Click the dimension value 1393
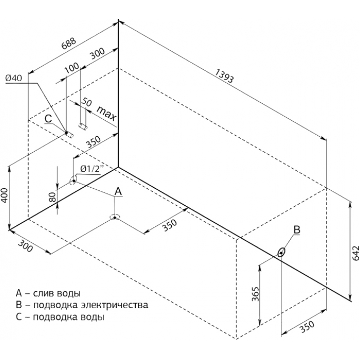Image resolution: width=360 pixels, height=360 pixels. pyautogui.click(x=224, y=76)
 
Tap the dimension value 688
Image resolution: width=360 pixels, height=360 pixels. pyautogui.click(x=68, y=44)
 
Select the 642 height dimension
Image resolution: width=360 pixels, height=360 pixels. pyautogui.click(x=355, y=253)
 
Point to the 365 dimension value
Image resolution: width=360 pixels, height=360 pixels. pyautogui.click(x=255, y=294)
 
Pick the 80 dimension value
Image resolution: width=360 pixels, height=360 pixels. pyautogui.click(x=53, y=197)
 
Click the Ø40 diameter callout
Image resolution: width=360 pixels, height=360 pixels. pyautogui.click(x=13, y=78)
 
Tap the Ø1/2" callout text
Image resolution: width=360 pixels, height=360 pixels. pyautogui.click(x=91, y=169)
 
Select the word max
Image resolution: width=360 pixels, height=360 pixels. pyautogui.click(x=106, y=114)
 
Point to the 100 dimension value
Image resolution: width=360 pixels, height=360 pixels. pyautogui.click(x=71, y=68)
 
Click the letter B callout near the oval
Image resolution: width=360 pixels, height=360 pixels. pyautogui.click(x=297, y=229)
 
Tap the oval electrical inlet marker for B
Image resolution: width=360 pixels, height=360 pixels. pyautogui.click(x=281, y=253)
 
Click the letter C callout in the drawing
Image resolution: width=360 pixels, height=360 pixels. pyautogui.click(x=48, y=119)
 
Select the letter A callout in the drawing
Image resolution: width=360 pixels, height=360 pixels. pyautogui.click(x=118, y=191)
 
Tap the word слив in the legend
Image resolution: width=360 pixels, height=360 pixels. pyautogui.click(x=43, y=293)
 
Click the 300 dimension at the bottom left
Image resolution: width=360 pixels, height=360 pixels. pyautogui.click(x=25, y=246)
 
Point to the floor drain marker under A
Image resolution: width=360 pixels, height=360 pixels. pyautogui.click(x=115, y=218)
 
